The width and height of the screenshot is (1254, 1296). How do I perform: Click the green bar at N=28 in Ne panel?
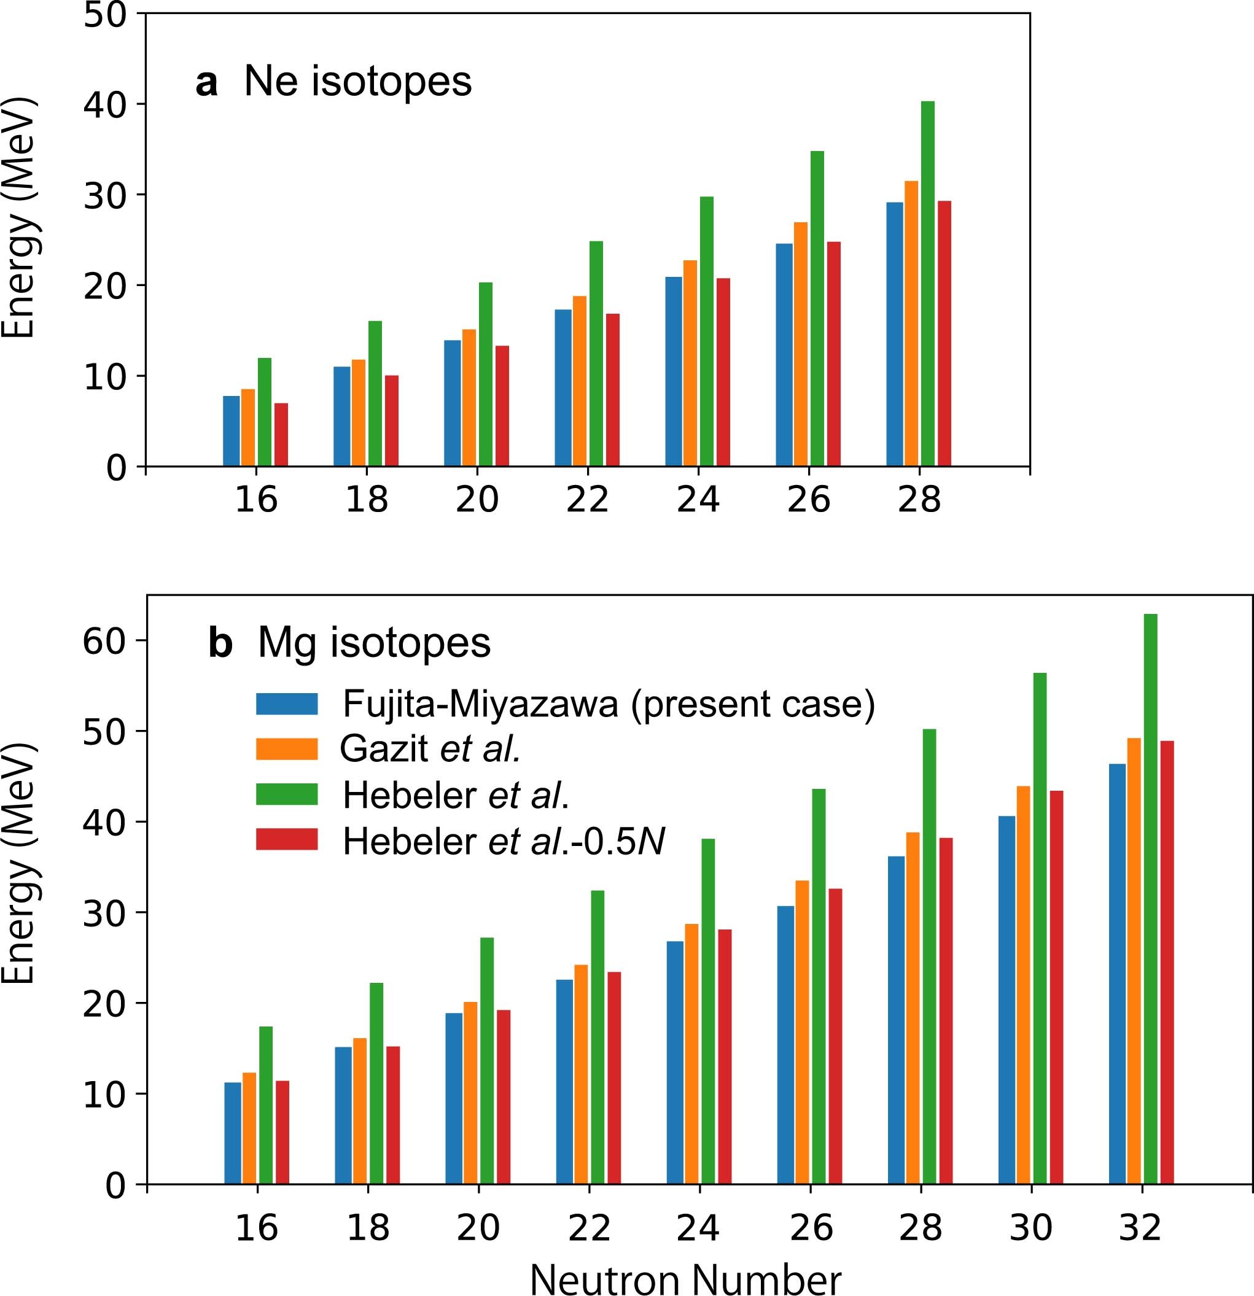tap(927, 284)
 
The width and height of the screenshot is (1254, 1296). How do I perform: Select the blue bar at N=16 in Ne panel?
tap(232, 431)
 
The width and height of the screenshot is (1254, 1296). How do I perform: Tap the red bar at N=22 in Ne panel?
tap(612, 390)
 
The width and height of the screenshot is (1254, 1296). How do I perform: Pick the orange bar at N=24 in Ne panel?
tap(690, 363)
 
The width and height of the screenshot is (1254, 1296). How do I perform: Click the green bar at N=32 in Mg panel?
tap(1150, 899)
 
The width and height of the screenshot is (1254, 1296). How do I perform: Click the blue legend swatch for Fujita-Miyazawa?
tap(286, 704)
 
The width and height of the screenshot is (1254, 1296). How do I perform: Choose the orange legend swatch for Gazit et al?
tap(286, 749)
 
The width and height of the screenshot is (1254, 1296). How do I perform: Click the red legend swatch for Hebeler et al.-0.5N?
tap(286, 839)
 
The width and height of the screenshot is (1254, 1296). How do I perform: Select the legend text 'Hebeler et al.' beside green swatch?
tap(456, 795)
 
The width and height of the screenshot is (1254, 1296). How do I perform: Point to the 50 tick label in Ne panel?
tap(104, 15)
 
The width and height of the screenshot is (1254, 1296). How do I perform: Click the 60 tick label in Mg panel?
tap(104, 641)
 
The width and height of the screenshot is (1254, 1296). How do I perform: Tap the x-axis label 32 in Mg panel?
tap(1140, 1228)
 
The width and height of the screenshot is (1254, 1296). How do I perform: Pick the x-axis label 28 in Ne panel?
tap(919, 500)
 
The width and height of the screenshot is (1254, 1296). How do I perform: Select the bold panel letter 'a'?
tap(206, 83)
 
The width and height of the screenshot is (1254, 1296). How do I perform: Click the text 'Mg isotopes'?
tap(374, 642)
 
